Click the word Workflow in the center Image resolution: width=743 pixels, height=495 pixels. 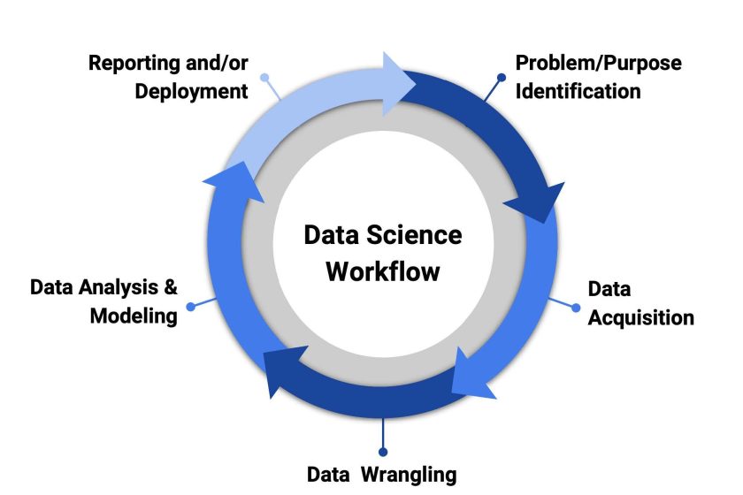click(x=383, y=271)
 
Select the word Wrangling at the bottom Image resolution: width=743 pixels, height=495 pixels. click(x=409, y=475)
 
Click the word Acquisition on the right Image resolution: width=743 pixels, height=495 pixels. click(x=640, y=318)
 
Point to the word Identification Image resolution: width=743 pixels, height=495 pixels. click(x=578, y=91)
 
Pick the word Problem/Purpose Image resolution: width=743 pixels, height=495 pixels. click(x=599, y=64)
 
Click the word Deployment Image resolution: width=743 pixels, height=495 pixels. click(x=191, y=91)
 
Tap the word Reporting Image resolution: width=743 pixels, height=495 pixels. click(x=135, y=64)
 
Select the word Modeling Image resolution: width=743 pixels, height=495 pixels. click(x=134, y=316)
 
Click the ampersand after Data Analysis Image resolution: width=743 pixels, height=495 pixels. click(x=171, y=287)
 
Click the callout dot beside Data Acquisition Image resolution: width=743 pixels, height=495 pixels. click(x=576, y=308)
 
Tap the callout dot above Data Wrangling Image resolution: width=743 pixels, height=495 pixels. click(x=383, y=452)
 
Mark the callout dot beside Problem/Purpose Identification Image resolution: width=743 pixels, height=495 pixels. click(x=502, y=77)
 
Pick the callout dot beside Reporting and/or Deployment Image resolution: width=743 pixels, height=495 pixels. click(x=264, y=77)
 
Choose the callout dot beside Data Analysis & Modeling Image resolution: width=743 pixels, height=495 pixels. click(x=190, y=307)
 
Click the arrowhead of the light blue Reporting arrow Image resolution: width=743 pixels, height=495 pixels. click(x=395, y=84)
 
